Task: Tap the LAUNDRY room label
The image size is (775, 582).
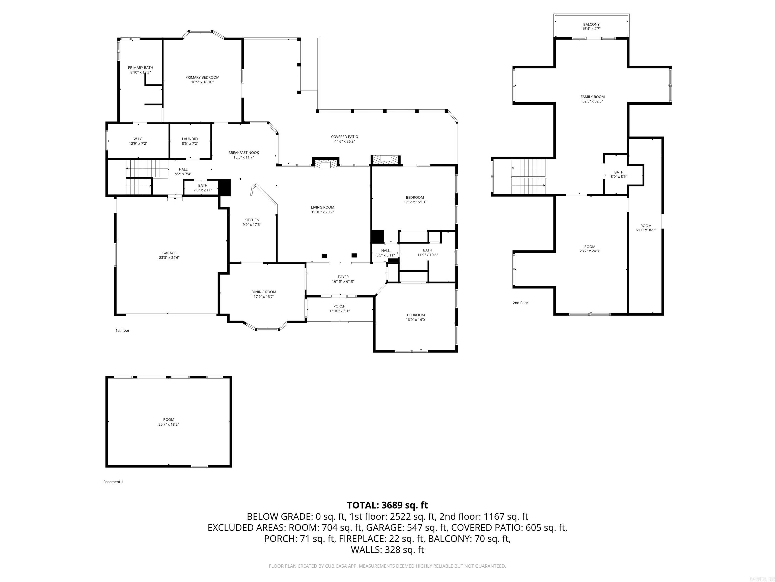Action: [x=190, y=139]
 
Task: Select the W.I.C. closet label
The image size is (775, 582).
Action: [x=138, y=139]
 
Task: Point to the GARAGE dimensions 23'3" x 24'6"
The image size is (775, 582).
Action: [x=169, y=257]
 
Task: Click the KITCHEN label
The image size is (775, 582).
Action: [x=252, y=220]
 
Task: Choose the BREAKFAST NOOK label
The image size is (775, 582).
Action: [x=243, y=153]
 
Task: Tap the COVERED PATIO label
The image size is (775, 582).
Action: [x=344, y=137]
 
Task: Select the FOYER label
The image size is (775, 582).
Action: [x=343, y=277]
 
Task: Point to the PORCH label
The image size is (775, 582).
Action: [x=339, y=306]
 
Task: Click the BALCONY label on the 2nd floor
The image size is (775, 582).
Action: [x=591, y=25]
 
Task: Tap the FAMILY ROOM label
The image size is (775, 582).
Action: [x=592, y=97]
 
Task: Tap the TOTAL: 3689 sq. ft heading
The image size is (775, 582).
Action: [x=387, y=505]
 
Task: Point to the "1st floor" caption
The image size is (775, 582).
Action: [x=122, y=330]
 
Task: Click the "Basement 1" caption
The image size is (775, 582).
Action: [x=113, y=482]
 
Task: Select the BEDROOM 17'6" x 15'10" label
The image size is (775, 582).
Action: [x=415, y=198]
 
